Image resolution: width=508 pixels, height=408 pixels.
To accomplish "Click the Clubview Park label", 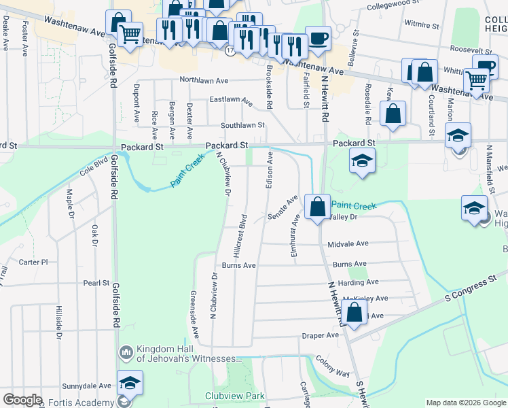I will click(234, 395).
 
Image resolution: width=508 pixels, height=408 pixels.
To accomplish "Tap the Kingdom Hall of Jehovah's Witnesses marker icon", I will click(126, 352).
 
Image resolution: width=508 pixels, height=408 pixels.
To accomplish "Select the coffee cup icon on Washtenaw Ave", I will click(318, 38).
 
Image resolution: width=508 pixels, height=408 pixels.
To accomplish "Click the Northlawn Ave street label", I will click(206, 80).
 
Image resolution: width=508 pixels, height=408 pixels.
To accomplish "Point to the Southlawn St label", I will click(241, 125).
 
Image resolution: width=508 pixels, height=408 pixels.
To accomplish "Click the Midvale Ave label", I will click(348, 243).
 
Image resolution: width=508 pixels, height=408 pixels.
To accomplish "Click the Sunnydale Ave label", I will click(86, 385).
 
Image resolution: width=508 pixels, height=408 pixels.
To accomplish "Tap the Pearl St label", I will click(96, 282).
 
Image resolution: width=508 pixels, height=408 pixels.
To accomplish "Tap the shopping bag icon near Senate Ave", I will click(317, 205).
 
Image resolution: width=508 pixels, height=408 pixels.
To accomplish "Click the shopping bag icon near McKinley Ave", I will click(354, 313).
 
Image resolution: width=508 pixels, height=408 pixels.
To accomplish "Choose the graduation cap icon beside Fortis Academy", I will click(129, 383).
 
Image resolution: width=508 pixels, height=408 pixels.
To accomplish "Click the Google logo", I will click(23, 400).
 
